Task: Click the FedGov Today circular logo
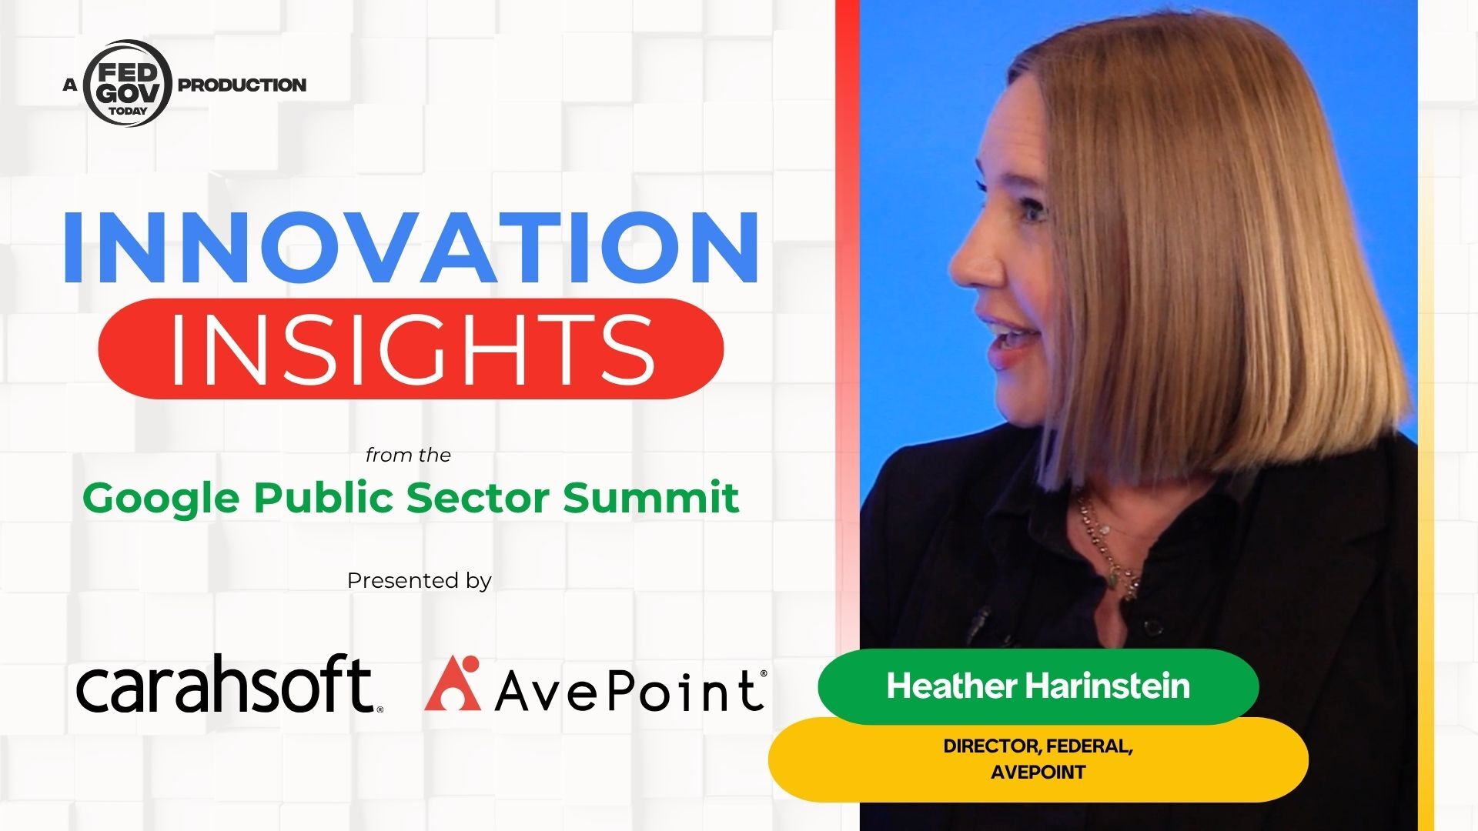pos(127,83)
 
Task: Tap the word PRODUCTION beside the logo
pos(242,85)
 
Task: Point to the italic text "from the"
pos(408,455)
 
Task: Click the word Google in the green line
pos(162,499)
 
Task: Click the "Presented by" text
pos(419,581)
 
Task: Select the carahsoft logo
pos(229,683)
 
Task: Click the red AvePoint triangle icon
pos(453,683)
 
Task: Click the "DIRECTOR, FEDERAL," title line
pos(1038,746)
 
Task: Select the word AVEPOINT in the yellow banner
pos(1038,772)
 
